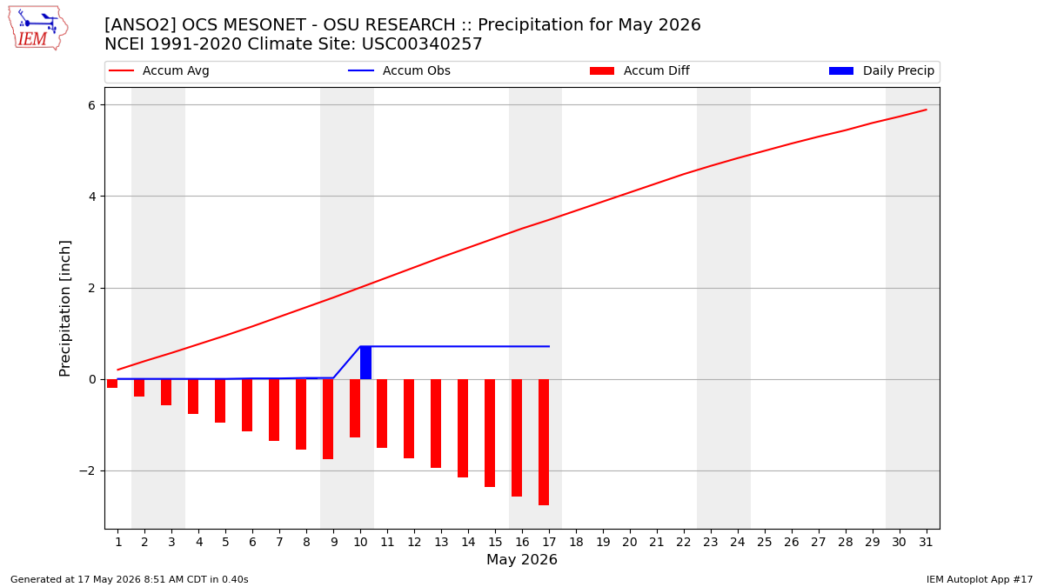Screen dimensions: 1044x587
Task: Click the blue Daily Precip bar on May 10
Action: (366, 363)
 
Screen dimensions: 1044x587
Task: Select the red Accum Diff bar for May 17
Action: (544, 443)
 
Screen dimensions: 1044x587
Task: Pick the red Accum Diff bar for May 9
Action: (328, 419)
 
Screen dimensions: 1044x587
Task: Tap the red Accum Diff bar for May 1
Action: (112, 384)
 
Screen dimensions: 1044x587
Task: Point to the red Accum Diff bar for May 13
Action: (436, 424)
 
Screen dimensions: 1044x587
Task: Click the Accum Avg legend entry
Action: (159, 70)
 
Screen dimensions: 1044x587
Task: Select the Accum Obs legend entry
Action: (399, 70)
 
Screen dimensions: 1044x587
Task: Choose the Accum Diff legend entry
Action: (639, 70)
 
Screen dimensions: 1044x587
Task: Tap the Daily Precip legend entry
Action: (882, 70)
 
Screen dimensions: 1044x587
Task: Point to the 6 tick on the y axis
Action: (91, 105)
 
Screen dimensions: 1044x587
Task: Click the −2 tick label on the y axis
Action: (87, 471)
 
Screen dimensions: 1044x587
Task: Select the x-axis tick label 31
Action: (926, 542)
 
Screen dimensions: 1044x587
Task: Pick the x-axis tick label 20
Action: (630, 542)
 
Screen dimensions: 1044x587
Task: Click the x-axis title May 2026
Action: (522, 559)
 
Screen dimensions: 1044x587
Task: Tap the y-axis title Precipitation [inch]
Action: (64, 309)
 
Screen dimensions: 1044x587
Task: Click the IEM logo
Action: (38, 29)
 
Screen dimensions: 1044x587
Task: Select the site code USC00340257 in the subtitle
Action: (422, 44)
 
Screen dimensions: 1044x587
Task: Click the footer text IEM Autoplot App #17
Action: (980, 579)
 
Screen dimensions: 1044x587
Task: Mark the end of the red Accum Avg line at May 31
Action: (926, 110)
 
